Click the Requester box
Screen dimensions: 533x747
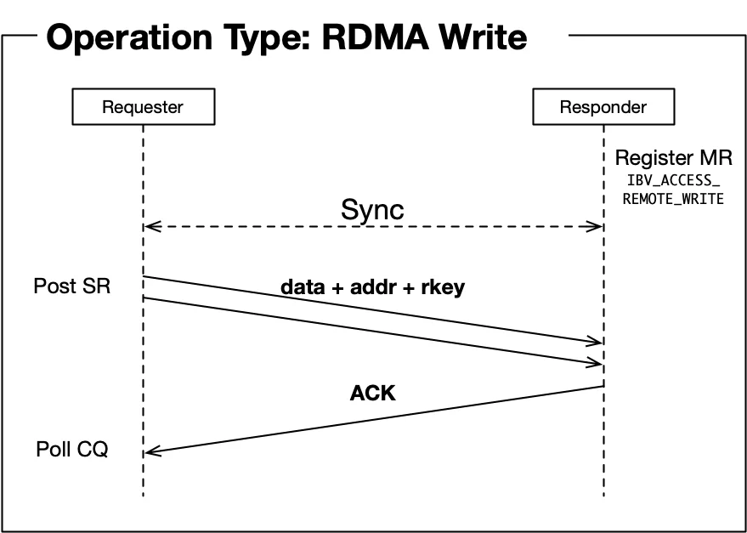click(x=143, y=107)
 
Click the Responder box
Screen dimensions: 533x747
click(x=603, y=107)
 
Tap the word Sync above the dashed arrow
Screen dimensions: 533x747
click(x=372, y=209)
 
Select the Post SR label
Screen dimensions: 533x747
click(x=72, y=286)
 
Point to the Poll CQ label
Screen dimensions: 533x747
click(x=72, y=449)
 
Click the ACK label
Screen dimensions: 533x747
click(x=373, y=394)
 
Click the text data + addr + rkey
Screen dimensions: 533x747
click(x=373, y=287)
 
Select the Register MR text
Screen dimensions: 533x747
click(x=673, y=158)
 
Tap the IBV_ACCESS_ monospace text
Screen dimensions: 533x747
click(x=673, y=180)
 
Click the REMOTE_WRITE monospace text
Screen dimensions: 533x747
click(x=673, y=199)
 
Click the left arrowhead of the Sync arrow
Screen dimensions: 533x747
click(x=150, y=227)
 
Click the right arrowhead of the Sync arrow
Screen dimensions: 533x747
click(x=597, y=227)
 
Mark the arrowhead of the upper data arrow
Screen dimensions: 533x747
click(x=597, y=342)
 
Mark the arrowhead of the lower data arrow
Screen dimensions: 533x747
click(x=597, y=363)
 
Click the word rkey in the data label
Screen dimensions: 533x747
click(x=444, y=287)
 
